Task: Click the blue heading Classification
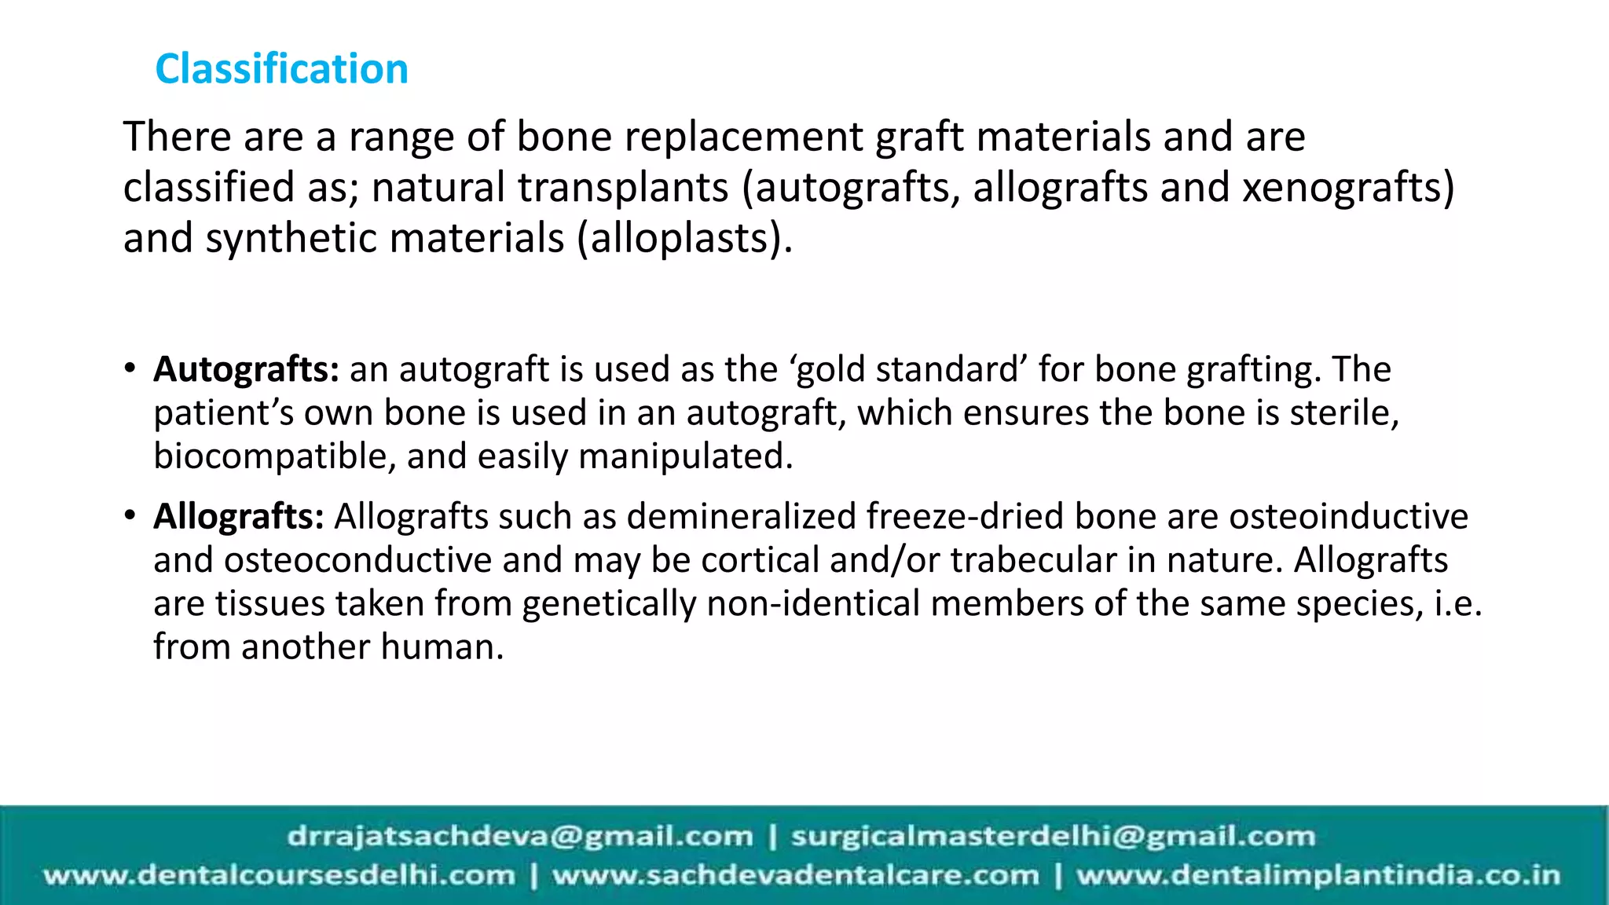pyautogui.click(x=281, y=69)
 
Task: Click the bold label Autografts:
pyautogui.click(x=246, y=369)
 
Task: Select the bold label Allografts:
pyautogui.click(x=239, y=517)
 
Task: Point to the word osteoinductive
pyautogui.click(x=1348, y=517)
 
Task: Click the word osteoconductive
pyautogui.click(x=357, y=561)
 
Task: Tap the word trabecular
pyautogui.click(x=1033, y=561)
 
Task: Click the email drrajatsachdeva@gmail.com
pyautogui.click(x=520, y=836)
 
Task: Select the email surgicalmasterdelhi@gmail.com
pyautogui.click(x=1053, y=836)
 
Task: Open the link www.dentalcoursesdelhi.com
pyautogui.click(x=279, y=875)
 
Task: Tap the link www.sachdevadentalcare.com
pyautogui.click(x=795, y=875)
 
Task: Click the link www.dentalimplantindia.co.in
pyautogui.click(x=1318, y=875)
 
